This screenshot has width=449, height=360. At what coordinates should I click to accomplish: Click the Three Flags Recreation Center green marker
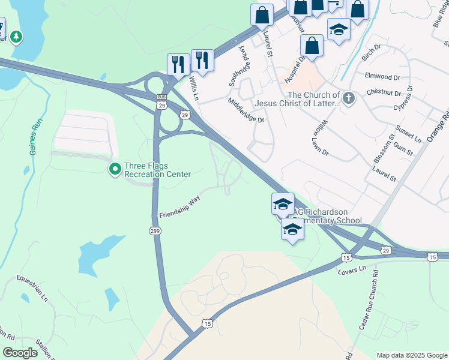pos(115,169)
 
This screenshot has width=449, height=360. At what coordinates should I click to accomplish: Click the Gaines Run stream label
pos(34,137)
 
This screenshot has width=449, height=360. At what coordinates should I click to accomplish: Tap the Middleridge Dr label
pos(246,111)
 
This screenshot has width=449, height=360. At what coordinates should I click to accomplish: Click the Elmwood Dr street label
pos(382,77)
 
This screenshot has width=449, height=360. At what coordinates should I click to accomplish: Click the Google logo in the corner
pos(20,353)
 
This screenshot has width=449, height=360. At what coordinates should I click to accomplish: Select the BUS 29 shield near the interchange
pos(161,101)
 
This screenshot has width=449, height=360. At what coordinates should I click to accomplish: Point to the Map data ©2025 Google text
pos(411,355)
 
